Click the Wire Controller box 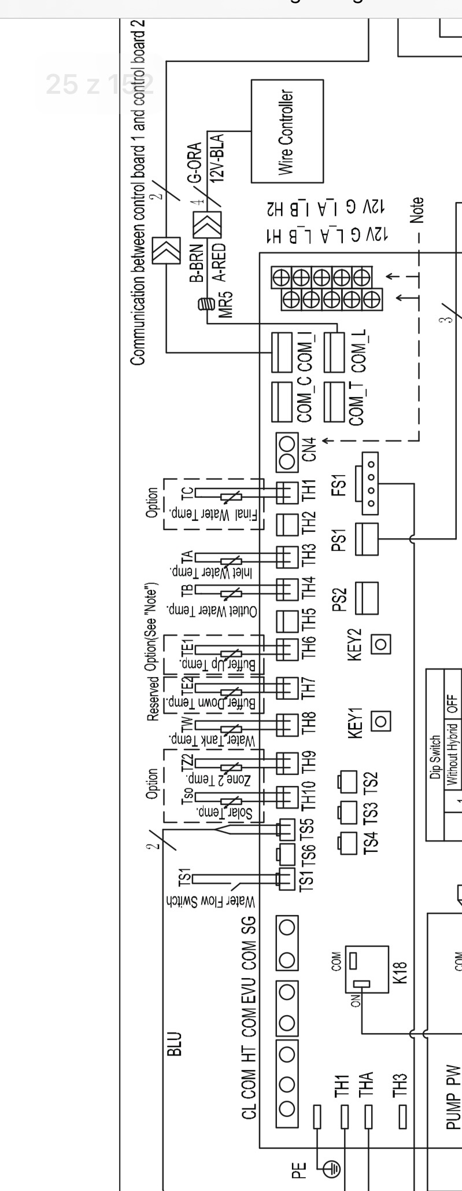pyautogui.click(x=287, y=131)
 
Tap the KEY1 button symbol pyautogui.click(x=380, y=721)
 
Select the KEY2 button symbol pyautogui.click(x=380, y=643)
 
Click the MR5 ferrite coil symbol pyautogui.click(x=205, y=303)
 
